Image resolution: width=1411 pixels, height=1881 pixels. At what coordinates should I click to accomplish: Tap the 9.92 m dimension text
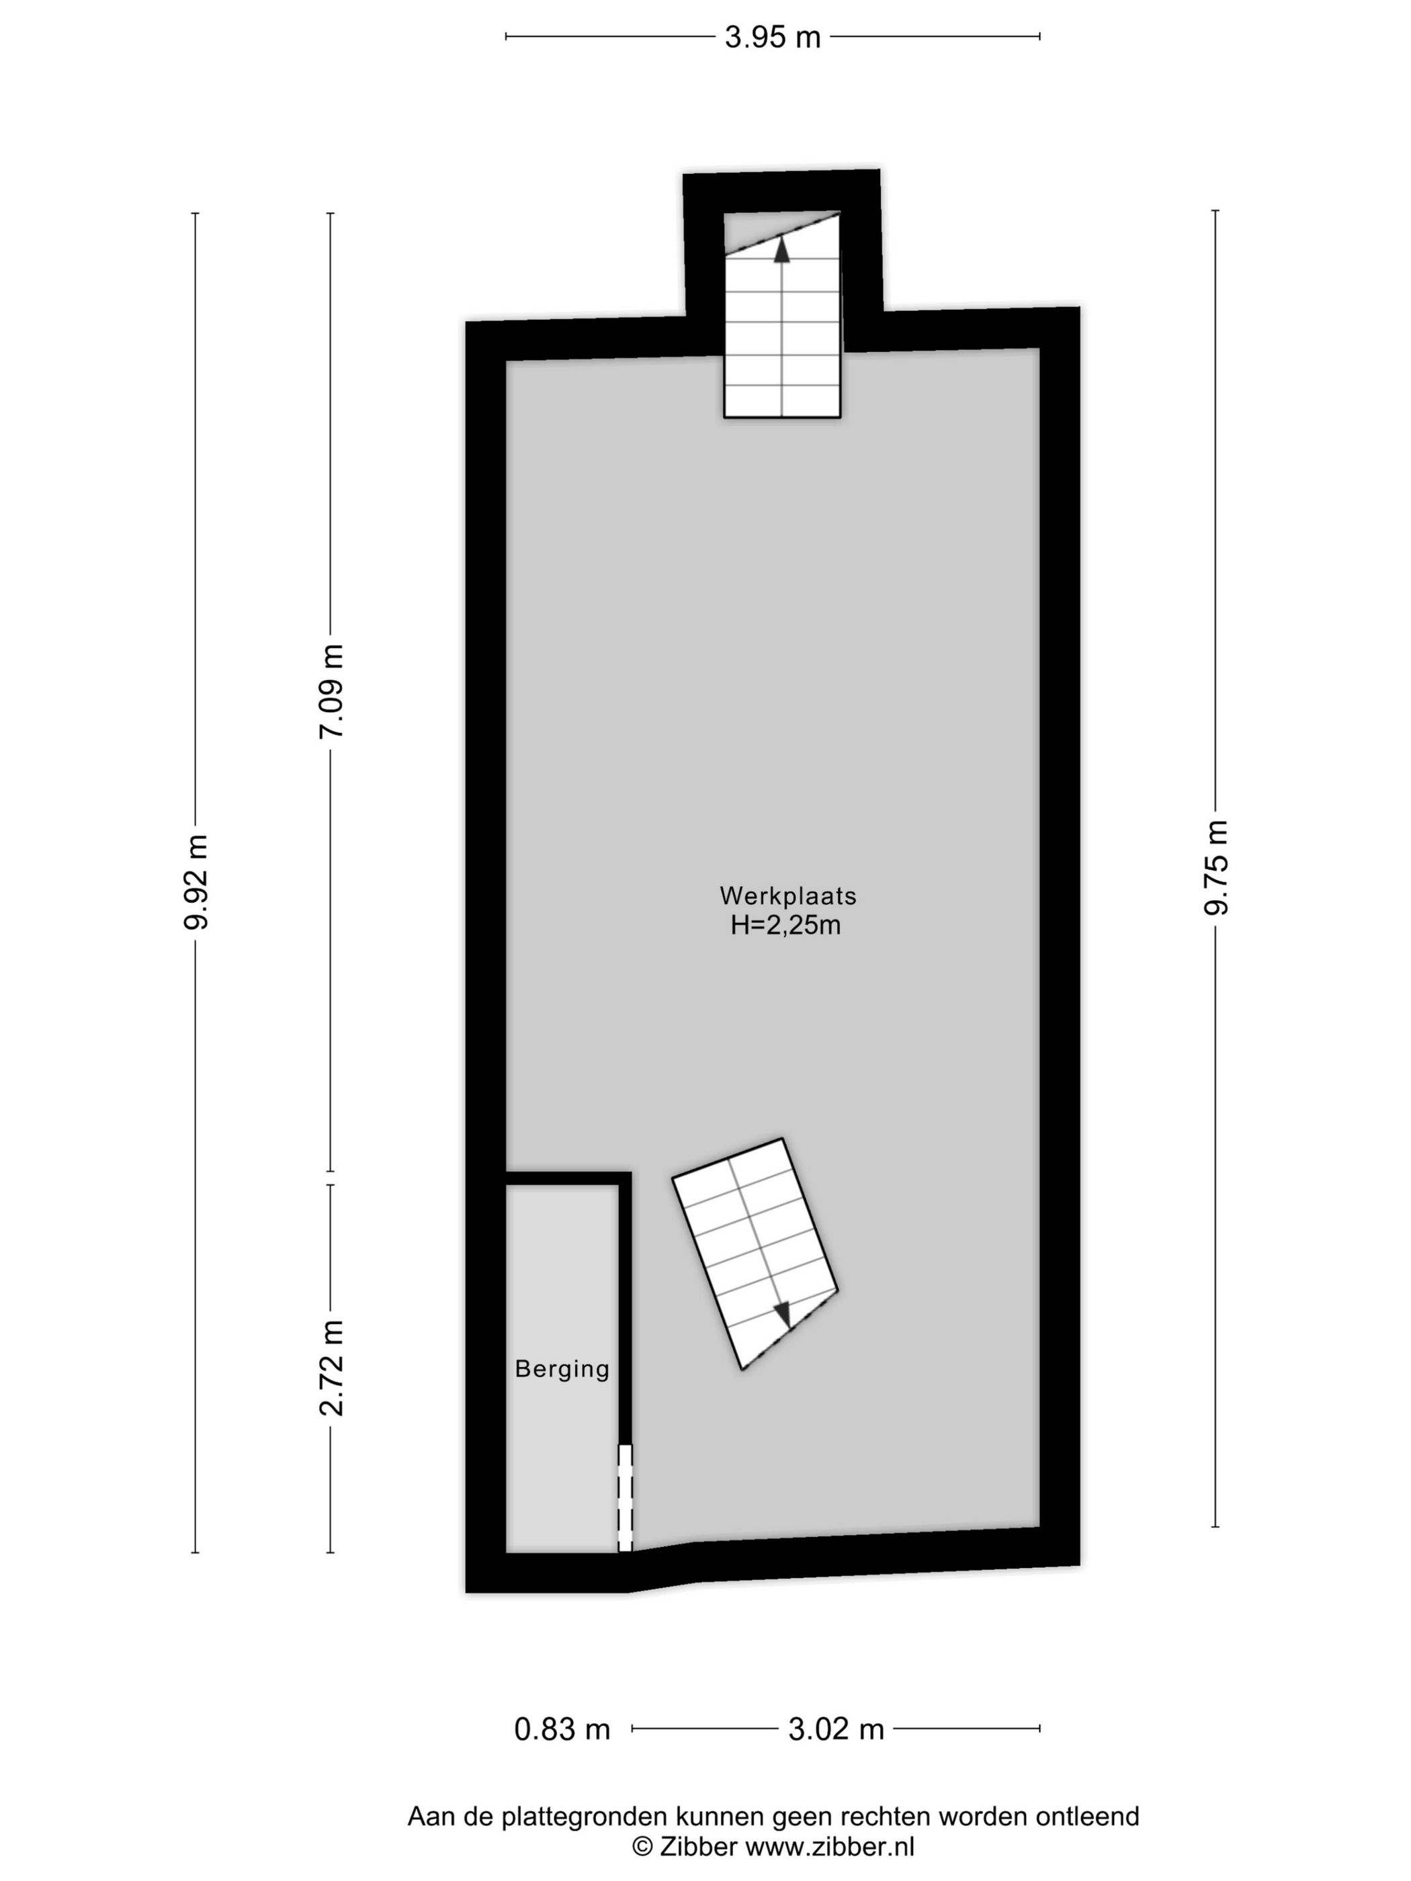(x=195, y=882)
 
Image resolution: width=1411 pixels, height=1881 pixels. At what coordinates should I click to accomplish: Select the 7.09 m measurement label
(x=330, y=691)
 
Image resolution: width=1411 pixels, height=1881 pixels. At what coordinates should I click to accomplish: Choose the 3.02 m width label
(x=835, y=1728)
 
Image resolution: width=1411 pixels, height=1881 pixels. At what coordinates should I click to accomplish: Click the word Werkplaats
(x=787, y=895)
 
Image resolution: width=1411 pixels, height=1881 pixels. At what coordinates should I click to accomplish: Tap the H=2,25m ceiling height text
(x=785, y=925)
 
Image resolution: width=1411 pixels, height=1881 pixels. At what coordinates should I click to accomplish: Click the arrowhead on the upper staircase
(x=781, y=249)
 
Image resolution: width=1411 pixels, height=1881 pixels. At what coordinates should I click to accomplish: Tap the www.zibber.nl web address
(x=829, y=1846)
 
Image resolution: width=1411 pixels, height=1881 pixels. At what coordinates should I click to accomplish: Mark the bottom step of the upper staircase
(x=781, y=401)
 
